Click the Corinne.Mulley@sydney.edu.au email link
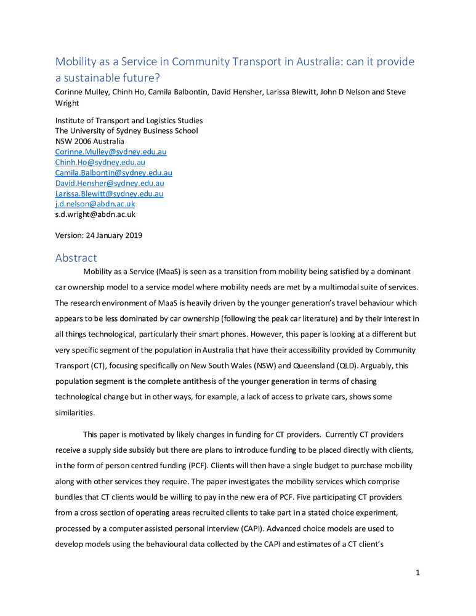click(x=111, y=152)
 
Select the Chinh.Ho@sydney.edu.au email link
click(x=100, y=162)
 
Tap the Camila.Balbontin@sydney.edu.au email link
click(x=113, y=173)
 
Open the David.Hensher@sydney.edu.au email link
click(x=110, y=183)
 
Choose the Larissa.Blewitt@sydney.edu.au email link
click(x=109, y=193)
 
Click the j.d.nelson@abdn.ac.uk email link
click(x=95, y=204)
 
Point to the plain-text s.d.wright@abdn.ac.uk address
click(x=95, y=214)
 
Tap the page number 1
click(x=418, y=573)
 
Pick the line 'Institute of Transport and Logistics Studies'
click(x=129, y=121)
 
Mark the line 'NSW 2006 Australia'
click(x=90, y=141)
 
